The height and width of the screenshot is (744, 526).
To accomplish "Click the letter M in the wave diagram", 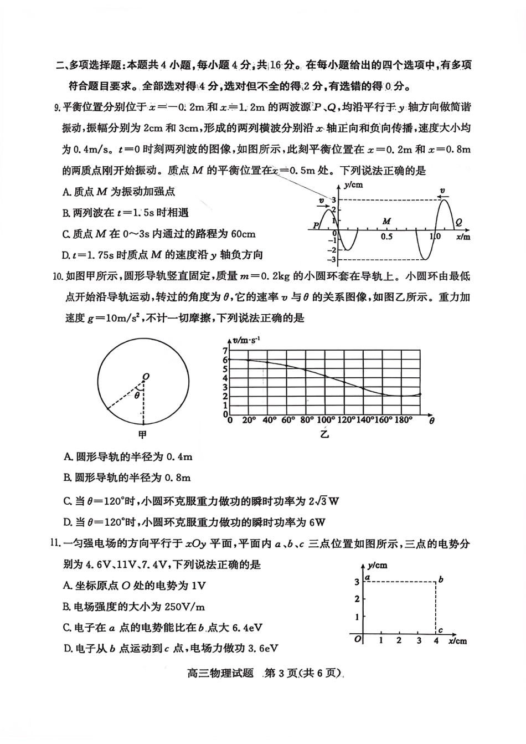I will pos(386,221).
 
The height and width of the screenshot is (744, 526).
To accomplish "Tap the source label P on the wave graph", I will pos(316,225).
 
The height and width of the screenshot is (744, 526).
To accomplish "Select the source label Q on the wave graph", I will pos(458,222).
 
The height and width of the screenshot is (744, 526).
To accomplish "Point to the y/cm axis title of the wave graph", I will pos(353,185).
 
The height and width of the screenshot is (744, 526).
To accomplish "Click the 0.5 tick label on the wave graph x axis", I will pos(386,237).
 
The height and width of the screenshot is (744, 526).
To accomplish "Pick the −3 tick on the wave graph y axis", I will pos(332,259).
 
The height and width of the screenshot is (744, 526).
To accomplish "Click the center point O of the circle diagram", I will pos(146,377).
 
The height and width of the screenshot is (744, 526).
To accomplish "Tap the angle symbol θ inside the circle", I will pos(137,396).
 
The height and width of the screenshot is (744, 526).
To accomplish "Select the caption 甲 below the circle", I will pos(142,434).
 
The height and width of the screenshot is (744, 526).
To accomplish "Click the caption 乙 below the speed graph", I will pos(324,434).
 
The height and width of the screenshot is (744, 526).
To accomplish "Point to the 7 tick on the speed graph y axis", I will pos(225,351).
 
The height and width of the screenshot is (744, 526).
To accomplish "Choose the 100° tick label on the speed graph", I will pos(326,420).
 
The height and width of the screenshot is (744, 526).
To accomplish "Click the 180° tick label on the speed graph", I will pos(403,420).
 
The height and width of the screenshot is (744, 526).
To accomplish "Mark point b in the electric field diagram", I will pos(441,579).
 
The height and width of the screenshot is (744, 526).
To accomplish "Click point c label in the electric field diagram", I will pos(440,630).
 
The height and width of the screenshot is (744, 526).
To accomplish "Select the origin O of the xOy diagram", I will pos(358,639).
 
